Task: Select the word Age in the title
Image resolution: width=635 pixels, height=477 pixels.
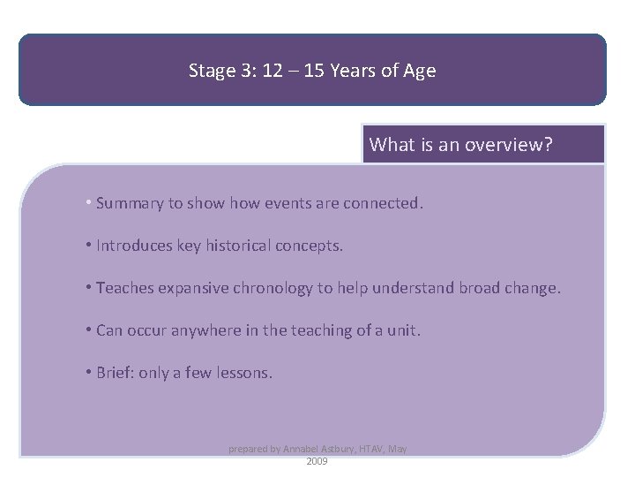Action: pyautogui.click(x=420, y=71)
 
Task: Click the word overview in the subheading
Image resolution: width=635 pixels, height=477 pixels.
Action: pyautogui.click(x=503, y=144)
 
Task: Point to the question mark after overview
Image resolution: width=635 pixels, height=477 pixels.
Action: pyautogui.click(x=549, y=144)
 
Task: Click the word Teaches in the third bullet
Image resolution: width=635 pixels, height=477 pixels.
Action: pyautogui.click(x=123, y=288)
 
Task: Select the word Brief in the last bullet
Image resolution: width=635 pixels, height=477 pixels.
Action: pyautogui.click(x=115, y=373)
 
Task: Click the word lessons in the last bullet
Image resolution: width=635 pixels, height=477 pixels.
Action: pyautogui.click(x=244, y=373)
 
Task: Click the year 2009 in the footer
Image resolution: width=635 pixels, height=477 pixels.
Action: pyautogui.click(x=317, y=461)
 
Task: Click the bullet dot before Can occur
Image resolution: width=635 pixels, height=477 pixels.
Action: pyautogui.click(x=90, y=330)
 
